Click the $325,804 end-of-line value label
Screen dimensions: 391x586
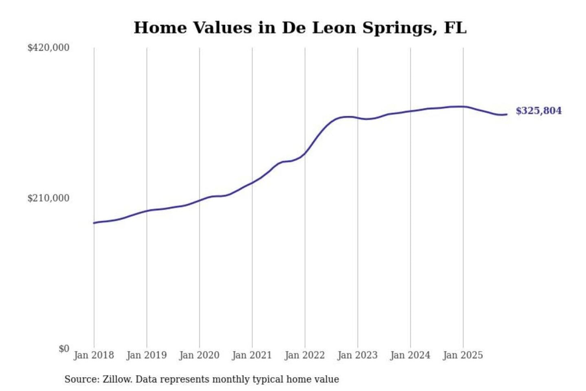[538, 111]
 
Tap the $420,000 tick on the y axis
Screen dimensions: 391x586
[48, 48]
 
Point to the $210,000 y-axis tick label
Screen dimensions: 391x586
[48, 198]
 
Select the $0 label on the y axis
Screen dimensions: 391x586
[64, 349]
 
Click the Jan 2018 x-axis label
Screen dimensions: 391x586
[94, 355]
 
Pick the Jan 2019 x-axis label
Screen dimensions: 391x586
[146, 355]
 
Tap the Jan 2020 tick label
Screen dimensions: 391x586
[199, 355]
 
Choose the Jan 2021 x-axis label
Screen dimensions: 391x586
[252, 355]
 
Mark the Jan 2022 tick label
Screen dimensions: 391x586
[305, 355]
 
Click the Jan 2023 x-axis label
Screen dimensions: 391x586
[358, 355]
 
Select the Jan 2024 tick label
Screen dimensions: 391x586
[410, 355]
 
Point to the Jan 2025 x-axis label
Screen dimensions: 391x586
[463, 355]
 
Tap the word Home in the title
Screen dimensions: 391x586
[160, 28]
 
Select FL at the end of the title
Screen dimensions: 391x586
[455, 28]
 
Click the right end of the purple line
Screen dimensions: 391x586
[507, 114]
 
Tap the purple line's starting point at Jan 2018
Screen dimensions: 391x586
[94, 223]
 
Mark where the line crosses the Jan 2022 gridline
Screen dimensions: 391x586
[305, 154]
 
